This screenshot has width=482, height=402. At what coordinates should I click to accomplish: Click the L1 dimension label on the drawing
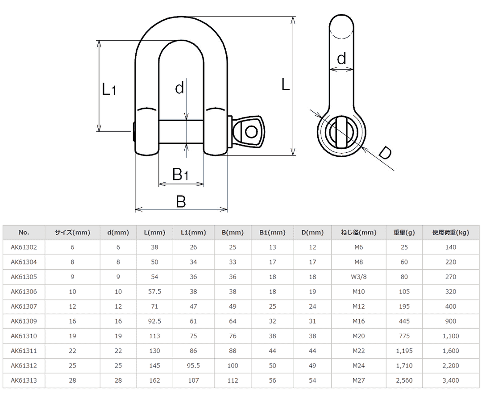(x=108, y=89)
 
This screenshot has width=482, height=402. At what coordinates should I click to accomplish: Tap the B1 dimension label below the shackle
(x=180, y=174)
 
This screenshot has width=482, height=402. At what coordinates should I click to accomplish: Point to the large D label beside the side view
(x=384, y=153)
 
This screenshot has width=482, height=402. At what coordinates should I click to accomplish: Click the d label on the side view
(x=341, y=59)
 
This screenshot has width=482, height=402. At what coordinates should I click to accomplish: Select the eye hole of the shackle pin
(x=251, y=132)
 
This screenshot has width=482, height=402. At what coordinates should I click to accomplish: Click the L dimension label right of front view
(x=286, y=84)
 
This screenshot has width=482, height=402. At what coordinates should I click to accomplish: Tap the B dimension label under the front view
(x=180, y=201)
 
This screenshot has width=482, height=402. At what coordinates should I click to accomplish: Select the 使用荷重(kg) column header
(x=451, y=232)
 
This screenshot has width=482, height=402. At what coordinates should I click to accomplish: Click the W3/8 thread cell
(x=358, y=277)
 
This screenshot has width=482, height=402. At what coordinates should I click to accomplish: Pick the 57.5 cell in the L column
(x=154, y=292)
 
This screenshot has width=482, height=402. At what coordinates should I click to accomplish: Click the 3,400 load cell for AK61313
(x=451, y=381)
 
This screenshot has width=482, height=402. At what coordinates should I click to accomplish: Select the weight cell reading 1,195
(x=404, y=351)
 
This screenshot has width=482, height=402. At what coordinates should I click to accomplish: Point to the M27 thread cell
(x=358, y=381)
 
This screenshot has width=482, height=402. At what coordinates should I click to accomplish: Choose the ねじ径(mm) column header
(x=358, y=232)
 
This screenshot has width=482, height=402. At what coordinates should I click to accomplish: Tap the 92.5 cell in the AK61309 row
(x=154, y=321)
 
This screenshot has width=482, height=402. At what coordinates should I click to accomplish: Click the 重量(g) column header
(x=404, y=232)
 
